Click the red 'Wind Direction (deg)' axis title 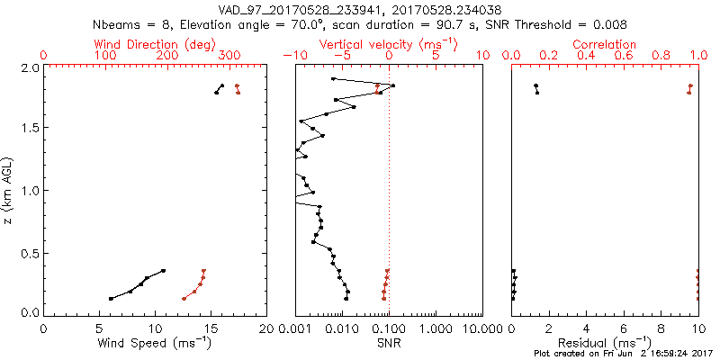coord(156,44)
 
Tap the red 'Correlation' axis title coord(605,44)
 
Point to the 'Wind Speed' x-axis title coord(156,344)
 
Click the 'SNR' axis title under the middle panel coord(388,344)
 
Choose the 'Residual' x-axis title coord(605,344)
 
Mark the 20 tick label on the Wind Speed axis coord(266,328)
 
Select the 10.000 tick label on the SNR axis coord(477,328)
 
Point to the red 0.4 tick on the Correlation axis coord(587,56)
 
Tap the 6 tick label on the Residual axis coord(624,328)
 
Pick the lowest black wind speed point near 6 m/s coord(111,299)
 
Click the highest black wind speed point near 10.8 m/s coord(164,270)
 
